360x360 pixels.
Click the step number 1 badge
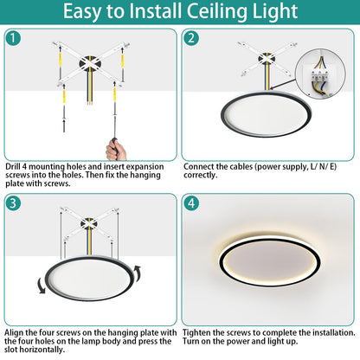pyautogui.click(x=13, y=38)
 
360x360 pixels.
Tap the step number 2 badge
pyautogui.click(x=191, y=38)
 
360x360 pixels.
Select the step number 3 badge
pyautogui.click(x=13, y=203)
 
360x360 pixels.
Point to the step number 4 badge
pyautogui.click(x=191, y=203)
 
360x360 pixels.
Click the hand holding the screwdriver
pyautogui.click(x=116, y=150)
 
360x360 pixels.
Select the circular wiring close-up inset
pyautogui.click(x=320, y=74)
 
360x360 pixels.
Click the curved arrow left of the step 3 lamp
pyautogui.click(x=42, y=286)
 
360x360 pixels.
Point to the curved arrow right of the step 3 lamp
pyautogui.click(x=138, y=273)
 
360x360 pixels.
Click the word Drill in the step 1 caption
pyautogui.click(x=12, y=167)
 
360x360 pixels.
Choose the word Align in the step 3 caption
pyautogui.click(x=14, y=332)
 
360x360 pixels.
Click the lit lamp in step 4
pyautogui.click(x=270, y=261)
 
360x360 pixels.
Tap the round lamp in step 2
pyautogui.click(x=266, y=114)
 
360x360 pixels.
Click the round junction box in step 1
pyautogui.click(x=90, y=64)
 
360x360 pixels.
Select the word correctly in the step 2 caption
pyautogui.click(x=201, y=175)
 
